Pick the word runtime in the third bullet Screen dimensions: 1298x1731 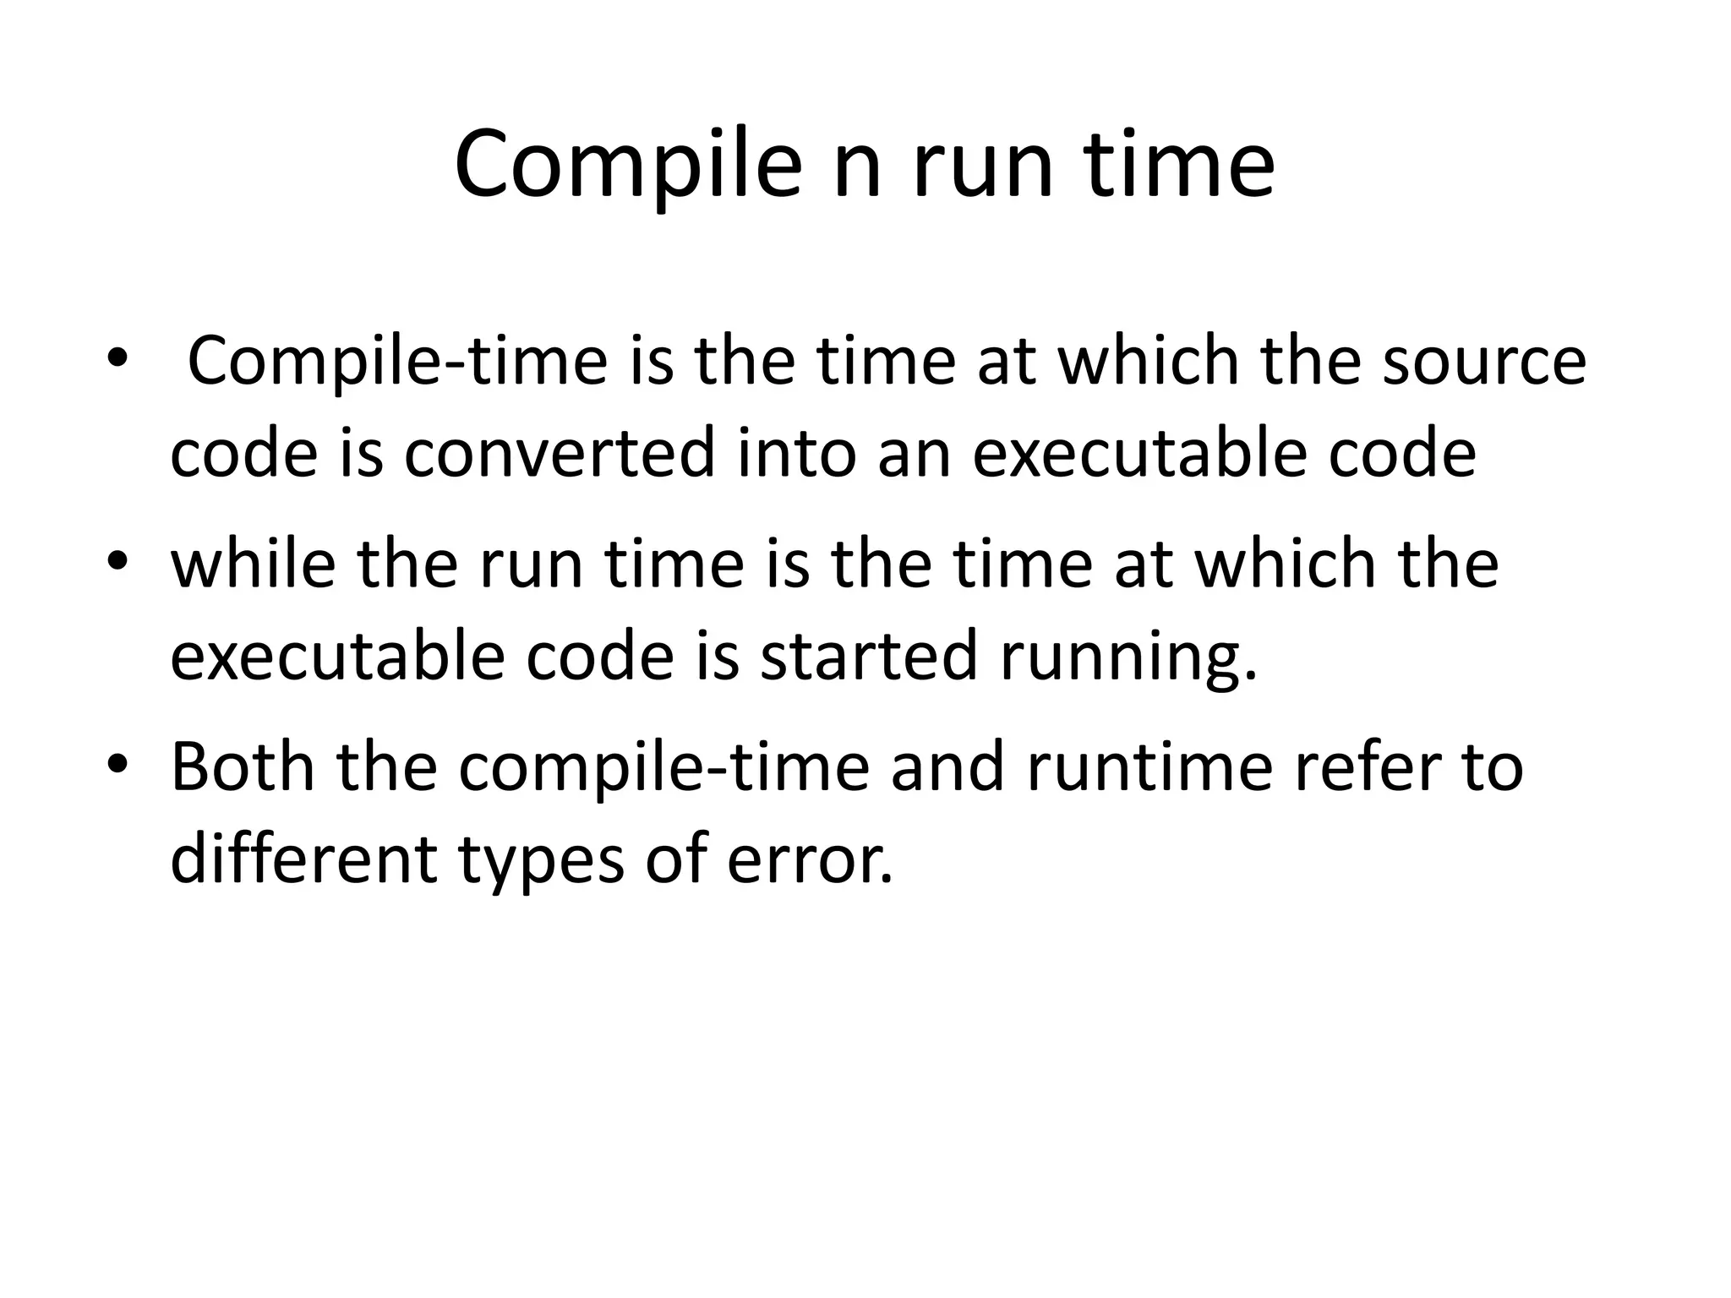pos(1150,766)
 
